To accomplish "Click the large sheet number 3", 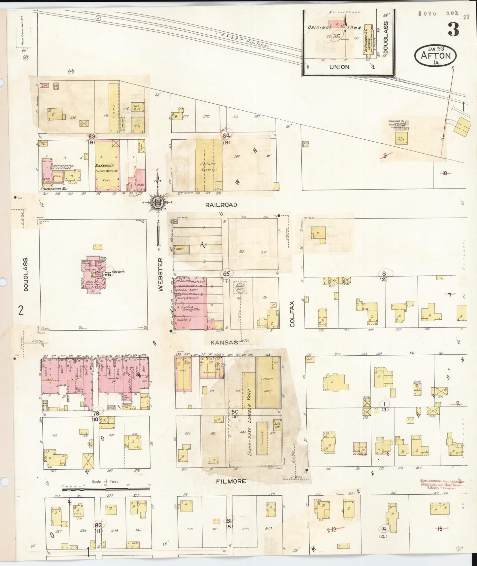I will (x=453, y=30).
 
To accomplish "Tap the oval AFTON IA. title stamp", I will (x=435, y=55).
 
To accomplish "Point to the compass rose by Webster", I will (x=158, y=203).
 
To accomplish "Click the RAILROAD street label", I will (x=221, y=205).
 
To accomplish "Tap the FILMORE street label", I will (x=231, y=481).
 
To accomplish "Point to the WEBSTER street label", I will (x=161, y=274).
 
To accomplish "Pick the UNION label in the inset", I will (x=339, y=67).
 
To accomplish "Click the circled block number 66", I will (x=108, y=274).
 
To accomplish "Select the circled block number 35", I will (x=336, y=36).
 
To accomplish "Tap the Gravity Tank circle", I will (x=239, y=288).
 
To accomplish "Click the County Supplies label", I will (x=208, y=167).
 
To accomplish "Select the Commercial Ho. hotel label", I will (x=53, y=189).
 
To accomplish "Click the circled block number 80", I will (x=235, y=411).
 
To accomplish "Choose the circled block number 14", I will (x=383, y=528).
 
